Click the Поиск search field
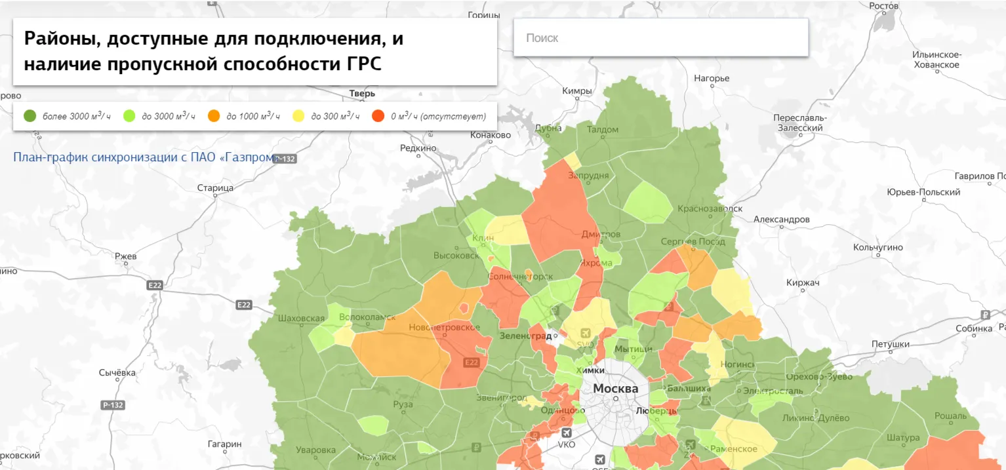point(660,38)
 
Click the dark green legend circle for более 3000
point(30,116)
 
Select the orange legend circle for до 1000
point(213,116)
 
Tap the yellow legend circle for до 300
point(298,116)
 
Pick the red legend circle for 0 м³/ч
point(378,116)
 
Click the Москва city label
point(615,389)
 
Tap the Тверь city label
point(362,94)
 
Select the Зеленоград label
point(526,336)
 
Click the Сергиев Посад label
point(693,242)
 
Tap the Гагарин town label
point(224,444)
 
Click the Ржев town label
point(125,256)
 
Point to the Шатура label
point(903,438)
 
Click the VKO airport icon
point(567,433)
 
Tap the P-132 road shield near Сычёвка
point(113,405)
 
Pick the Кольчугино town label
point(877,247)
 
